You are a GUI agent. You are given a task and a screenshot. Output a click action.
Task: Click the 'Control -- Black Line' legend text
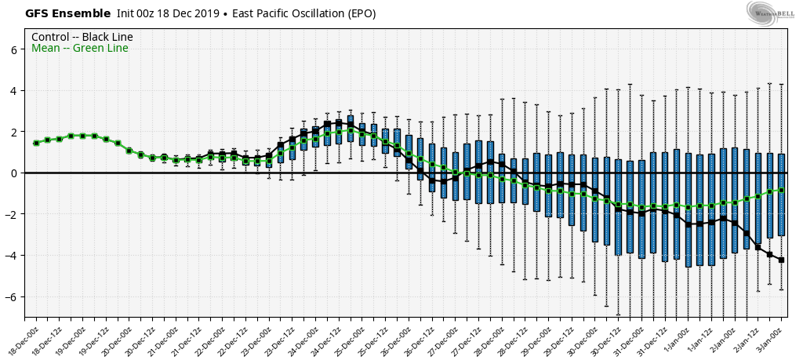tap(82, 37)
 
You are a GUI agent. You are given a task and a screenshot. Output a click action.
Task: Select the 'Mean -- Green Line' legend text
tap(79, 49)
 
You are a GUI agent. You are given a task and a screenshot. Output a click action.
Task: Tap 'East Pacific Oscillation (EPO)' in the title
tap(303, 13)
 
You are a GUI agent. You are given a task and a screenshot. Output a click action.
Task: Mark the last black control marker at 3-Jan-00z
tap(781, 260)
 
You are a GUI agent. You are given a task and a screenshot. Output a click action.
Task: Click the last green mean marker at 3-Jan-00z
tap(781, 190)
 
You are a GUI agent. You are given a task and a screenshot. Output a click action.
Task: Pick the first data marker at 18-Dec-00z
tap(36, 143)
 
